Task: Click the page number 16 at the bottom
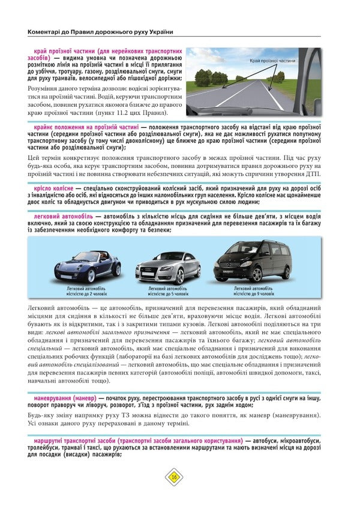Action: pos(174,477)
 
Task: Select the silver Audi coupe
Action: pos(167,267)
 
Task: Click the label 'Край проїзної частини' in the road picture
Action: pos(273,61)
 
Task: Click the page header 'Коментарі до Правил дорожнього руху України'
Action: pos(105,32)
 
